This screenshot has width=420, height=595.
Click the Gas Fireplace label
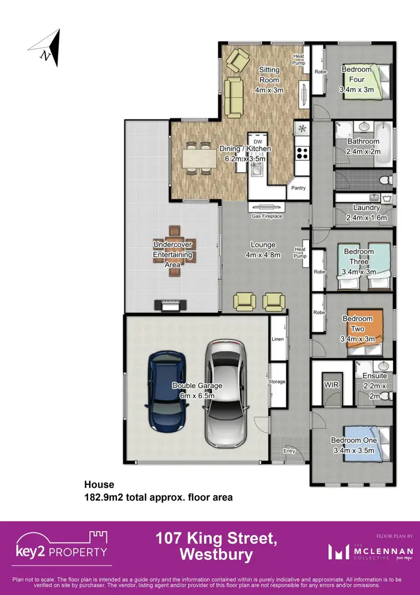(267, 216)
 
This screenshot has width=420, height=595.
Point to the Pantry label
(298, 188)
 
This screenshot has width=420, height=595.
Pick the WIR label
(330, 385)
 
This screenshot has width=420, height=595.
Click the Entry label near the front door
(289, 451)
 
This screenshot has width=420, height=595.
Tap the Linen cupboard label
(278, 339)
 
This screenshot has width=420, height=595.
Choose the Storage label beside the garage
(277, 382)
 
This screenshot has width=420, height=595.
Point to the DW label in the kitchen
(258, 142)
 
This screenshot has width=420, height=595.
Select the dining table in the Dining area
(197, 159)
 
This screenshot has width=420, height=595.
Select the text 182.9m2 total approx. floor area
(158, 497)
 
